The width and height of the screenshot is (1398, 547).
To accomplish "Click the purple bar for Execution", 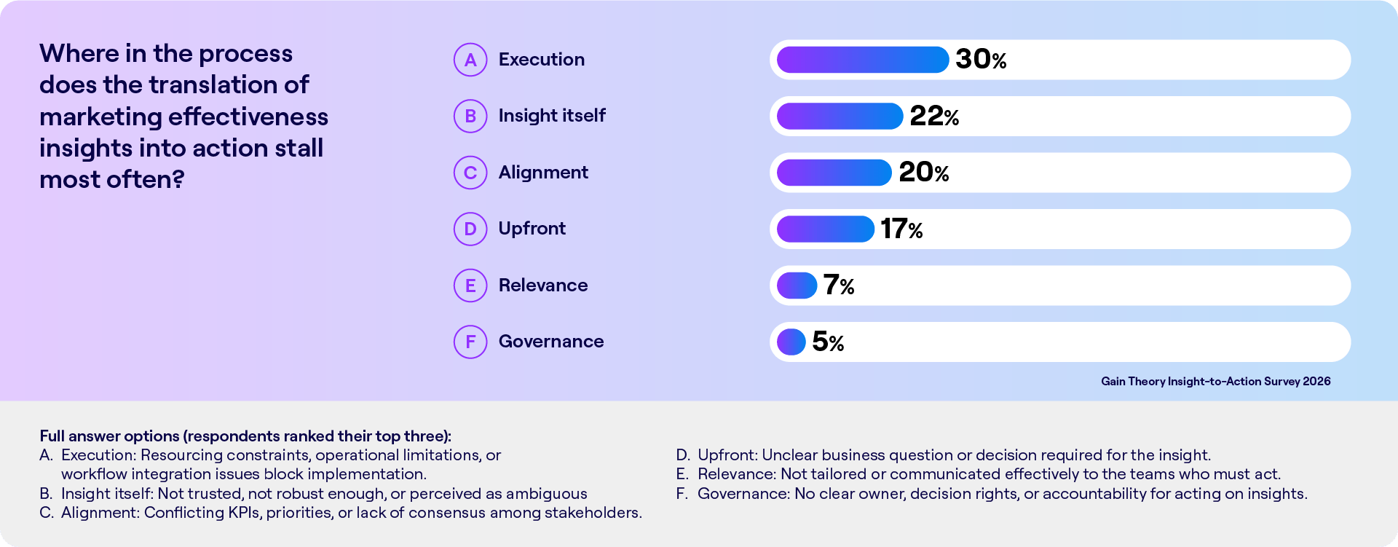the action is point(863,60).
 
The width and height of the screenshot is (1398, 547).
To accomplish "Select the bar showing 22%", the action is point(840,116).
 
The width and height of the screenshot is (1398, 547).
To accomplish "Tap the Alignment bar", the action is point(834,173).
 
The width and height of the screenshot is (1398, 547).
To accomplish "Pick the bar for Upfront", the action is point(826,229).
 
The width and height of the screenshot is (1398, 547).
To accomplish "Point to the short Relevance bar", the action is point(797,286).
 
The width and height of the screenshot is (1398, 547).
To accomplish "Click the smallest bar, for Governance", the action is point(791,342).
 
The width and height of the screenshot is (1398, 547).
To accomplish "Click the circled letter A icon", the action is point(470,60).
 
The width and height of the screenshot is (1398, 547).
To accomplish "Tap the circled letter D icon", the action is point(470,229).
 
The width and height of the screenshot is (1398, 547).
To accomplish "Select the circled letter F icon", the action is point(470,342).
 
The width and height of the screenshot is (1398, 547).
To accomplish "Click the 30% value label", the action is point(981,60).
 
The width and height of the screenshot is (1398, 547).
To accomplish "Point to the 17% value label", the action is point(901,229).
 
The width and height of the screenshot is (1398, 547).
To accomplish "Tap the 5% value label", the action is point(828,342).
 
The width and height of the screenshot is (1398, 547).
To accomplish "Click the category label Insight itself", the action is point(552,116).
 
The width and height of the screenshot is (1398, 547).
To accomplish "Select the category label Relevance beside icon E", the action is point(543,286).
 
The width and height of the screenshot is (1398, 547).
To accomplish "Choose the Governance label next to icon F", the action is point(551,342).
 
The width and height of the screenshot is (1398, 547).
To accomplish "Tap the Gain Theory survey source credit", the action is point(1215,382).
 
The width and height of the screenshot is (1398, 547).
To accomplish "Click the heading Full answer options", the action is point(109,436).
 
